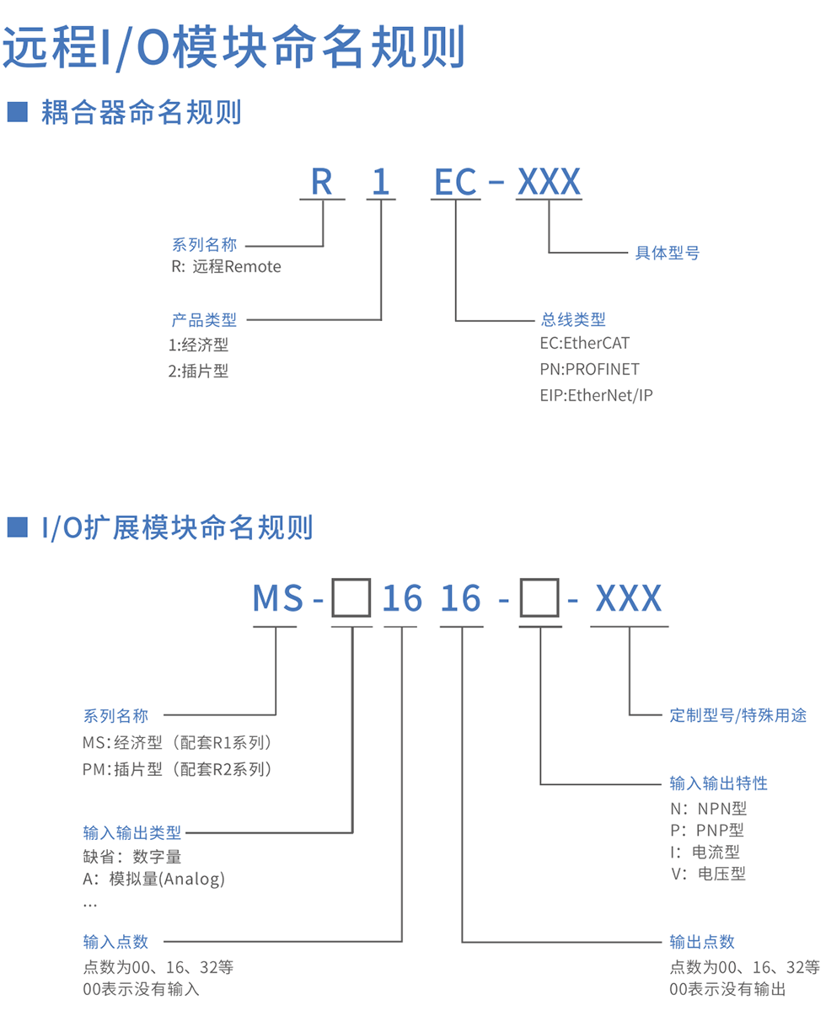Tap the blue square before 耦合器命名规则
coord(18,111)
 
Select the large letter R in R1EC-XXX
coord(322,181)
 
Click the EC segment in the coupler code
coord(455,181)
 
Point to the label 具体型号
coord(667,253)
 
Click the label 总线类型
coord(573,320)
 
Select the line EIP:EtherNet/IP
coord(597,394)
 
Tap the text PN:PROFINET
coord(589,369)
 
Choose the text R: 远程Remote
coord(226,267)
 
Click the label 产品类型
coord(204,320)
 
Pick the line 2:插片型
coord(199,371)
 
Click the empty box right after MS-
coord(351,600)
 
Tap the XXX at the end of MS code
coord(629,599)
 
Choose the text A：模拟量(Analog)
coord(154,880)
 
